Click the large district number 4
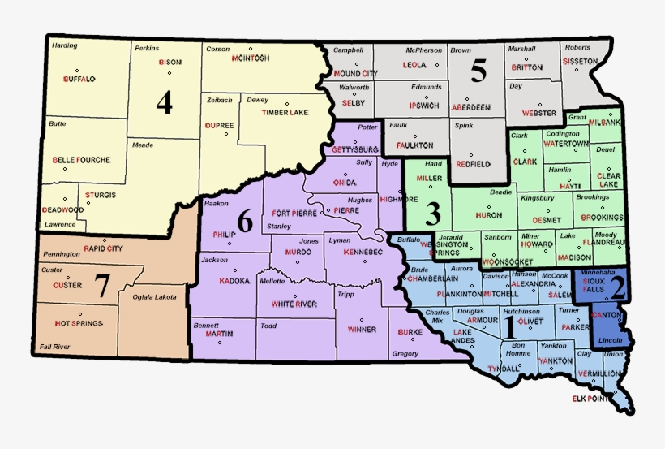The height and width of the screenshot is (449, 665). click(165, 102)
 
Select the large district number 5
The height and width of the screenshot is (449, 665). click(478, 71)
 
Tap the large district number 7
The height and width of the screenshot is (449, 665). click(102, 286)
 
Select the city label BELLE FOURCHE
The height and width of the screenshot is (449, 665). click(81, 160)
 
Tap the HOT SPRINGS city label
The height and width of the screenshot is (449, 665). click(79, 323)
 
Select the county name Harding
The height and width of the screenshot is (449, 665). click(64, 45)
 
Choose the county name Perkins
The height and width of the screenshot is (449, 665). click(147, 48)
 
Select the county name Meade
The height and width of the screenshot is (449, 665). click(142, 145)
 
